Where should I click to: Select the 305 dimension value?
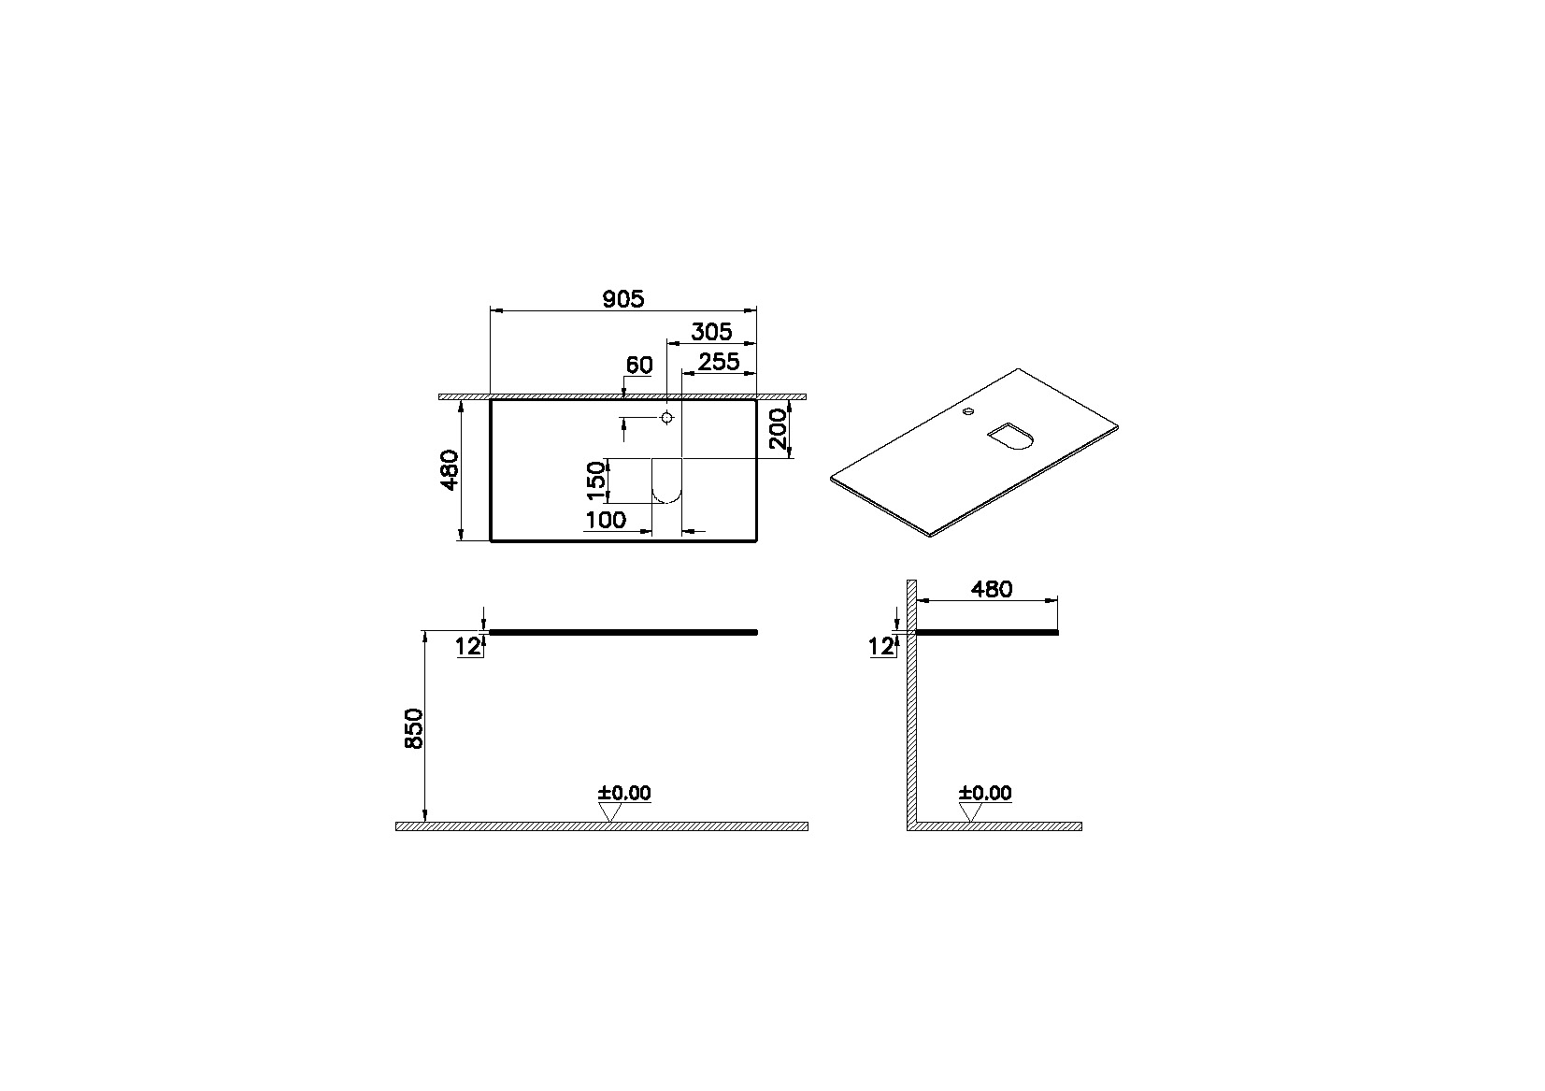coord(710,332)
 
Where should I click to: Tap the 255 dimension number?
coord(719,362)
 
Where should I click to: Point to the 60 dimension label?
coord(638,365)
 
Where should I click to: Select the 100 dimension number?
coord(606,520)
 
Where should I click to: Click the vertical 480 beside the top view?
coord(450,470)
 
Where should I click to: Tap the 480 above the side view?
coord(992,589)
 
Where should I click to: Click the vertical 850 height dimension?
coord(414,728)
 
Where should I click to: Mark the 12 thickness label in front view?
coord(469,645)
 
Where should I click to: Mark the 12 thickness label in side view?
coord(880,645)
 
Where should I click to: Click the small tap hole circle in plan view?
coord(666,417)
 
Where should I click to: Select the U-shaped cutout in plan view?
coord(666,482)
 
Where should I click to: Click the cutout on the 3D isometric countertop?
coord(1009,437)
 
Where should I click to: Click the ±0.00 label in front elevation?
coord(624,794)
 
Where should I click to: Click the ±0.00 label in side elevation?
coord(985,794)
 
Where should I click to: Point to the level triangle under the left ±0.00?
coord(610,812)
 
